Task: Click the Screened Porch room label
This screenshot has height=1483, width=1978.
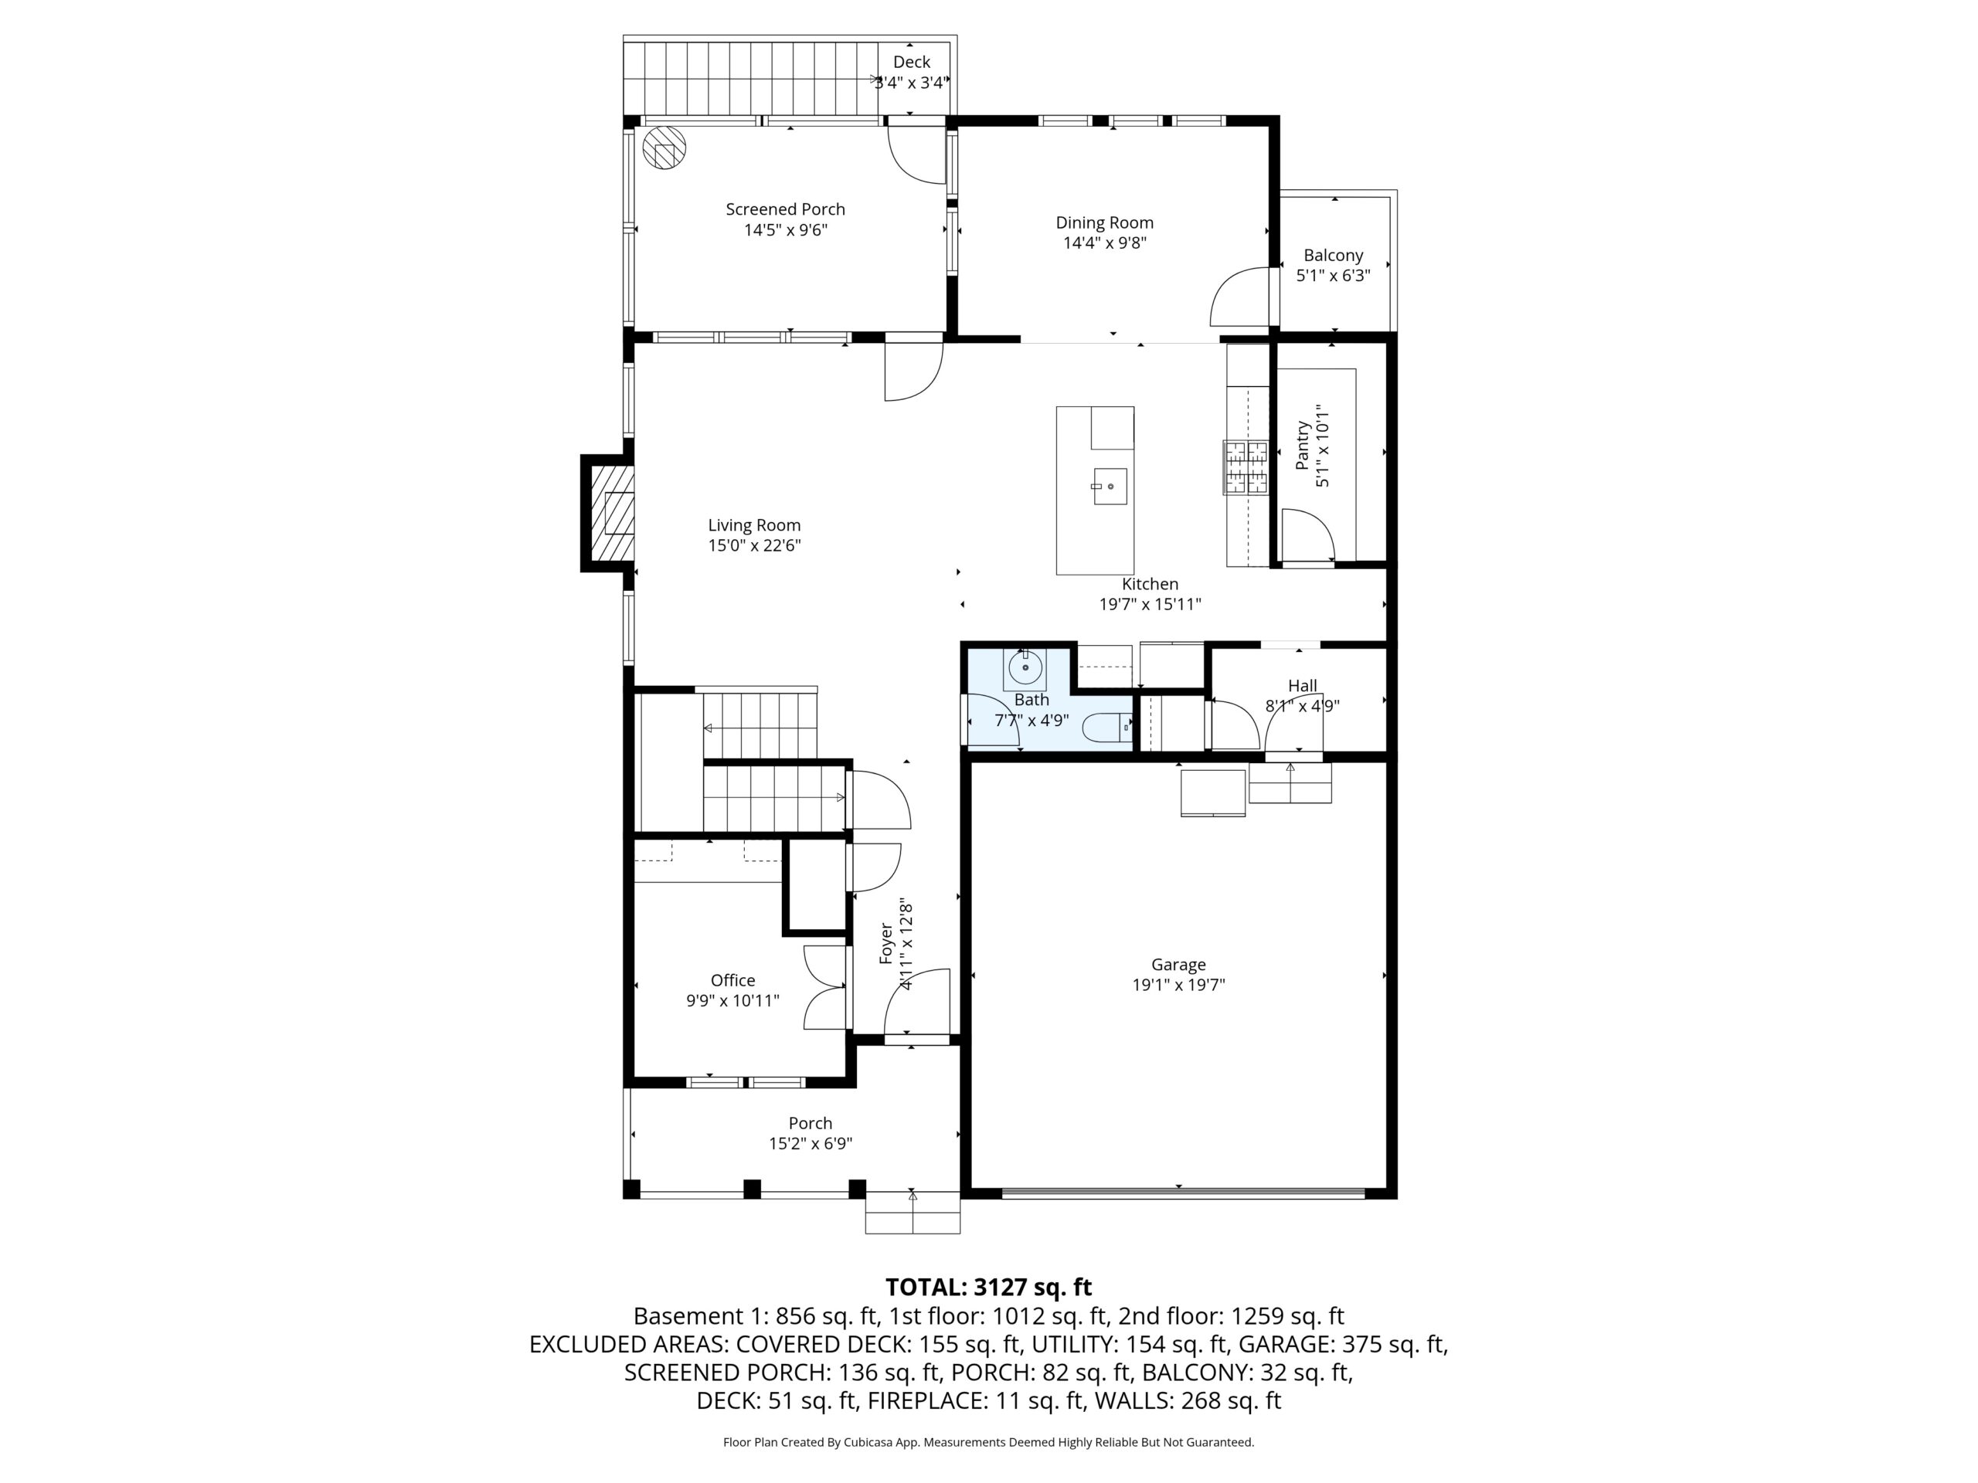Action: tap(785, 209)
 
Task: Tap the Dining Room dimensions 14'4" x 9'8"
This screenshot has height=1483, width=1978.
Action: tap(1104, 243)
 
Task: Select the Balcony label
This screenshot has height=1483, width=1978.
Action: tap(1334, 256)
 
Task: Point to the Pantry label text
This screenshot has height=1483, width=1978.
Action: tap(1303, 445)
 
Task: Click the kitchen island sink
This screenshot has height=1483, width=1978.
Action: tap(1110, 487)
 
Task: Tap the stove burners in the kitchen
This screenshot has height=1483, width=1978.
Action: tap(1246, 467)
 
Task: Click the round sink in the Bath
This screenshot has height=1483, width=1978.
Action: tap(1025, 667)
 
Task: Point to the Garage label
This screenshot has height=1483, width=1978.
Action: tap(1178, 965)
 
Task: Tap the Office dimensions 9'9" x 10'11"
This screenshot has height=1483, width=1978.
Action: tap(732, 1001)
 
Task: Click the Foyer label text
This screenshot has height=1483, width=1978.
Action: tap(886, 943)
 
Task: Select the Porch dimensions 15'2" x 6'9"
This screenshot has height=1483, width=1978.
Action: tap(811, 1143)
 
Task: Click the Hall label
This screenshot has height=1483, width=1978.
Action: tap(1302, 686)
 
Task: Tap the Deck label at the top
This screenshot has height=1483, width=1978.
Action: tap(911, 62)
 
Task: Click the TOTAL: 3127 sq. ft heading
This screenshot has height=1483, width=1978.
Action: tap(988, 1288)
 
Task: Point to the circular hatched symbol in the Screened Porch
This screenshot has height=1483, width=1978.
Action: tap(664, 148)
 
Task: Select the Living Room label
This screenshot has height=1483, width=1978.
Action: tap(754, 526)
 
